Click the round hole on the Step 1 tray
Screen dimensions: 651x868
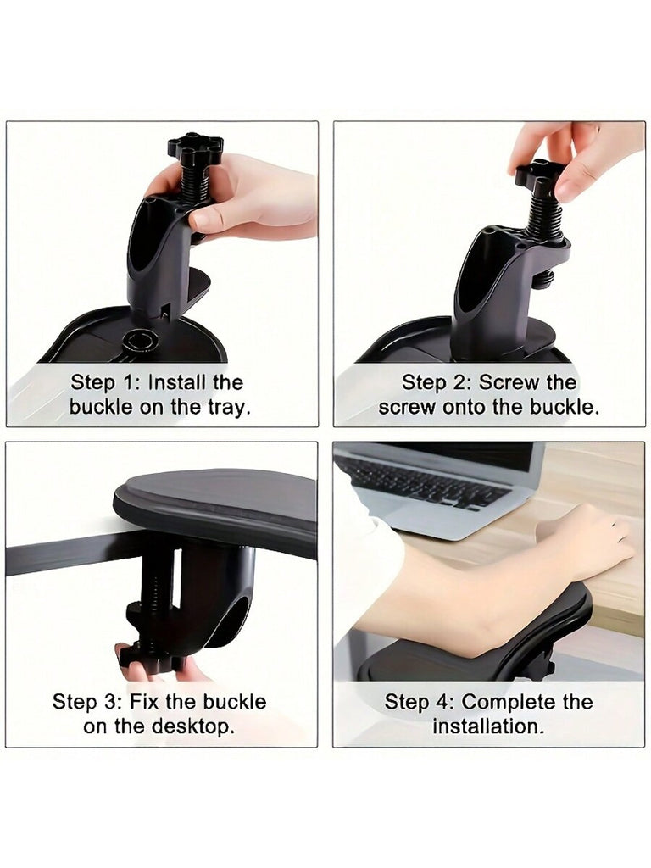coord(140,339)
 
